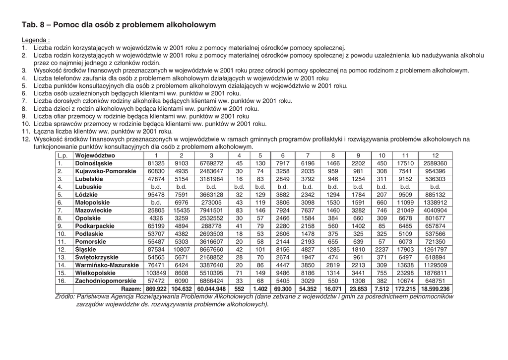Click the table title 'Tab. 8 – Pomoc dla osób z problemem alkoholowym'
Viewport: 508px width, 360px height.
119,24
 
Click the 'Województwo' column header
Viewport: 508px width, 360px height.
95,155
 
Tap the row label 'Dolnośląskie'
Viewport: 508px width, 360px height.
94,163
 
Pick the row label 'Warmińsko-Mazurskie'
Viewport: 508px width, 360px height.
107,265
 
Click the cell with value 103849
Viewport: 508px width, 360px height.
156,273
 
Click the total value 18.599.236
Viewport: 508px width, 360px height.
435,288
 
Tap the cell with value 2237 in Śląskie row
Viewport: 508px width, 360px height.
382,249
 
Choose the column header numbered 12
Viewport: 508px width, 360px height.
435,155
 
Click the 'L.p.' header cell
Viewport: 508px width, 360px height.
63,155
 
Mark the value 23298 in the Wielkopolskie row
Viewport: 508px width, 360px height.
405,273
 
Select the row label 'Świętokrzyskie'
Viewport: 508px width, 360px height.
97,257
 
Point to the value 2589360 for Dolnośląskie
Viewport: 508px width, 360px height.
435,163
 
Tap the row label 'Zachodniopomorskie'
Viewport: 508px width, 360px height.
105,281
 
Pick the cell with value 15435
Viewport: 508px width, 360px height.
182,211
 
